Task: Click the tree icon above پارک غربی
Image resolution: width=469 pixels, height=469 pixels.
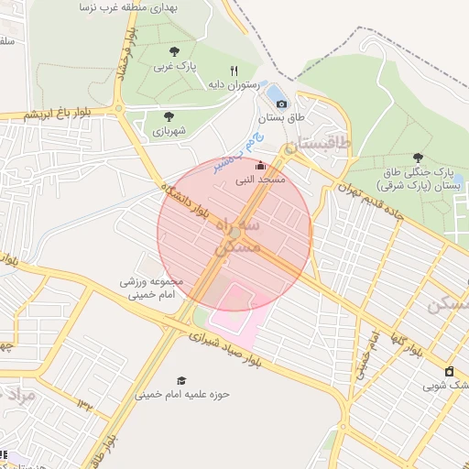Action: (174, 51)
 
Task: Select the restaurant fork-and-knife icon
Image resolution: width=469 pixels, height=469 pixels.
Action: (234, 71)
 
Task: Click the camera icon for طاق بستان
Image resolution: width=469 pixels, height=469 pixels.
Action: (282, 104)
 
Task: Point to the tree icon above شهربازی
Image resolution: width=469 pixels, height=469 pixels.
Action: (169, 116)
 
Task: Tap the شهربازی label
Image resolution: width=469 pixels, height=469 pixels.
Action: (169, 132)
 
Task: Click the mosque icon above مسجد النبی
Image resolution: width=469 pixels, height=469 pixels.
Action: (261, 166)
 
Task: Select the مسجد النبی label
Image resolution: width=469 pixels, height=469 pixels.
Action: (262, 180)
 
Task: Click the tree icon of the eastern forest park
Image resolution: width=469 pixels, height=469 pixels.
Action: (419, 158)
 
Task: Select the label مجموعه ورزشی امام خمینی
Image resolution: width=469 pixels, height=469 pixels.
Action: (151, 288)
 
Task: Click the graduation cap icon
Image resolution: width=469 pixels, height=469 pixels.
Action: (180, 380)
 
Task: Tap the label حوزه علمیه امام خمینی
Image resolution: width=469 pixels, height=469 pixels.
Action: (182, 395)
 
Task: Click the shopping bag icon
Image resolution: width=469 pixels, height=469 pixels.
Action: (449, 371)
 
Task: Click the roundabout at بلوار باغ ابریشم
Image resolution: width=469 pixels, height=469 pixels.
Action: (118, 109)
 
